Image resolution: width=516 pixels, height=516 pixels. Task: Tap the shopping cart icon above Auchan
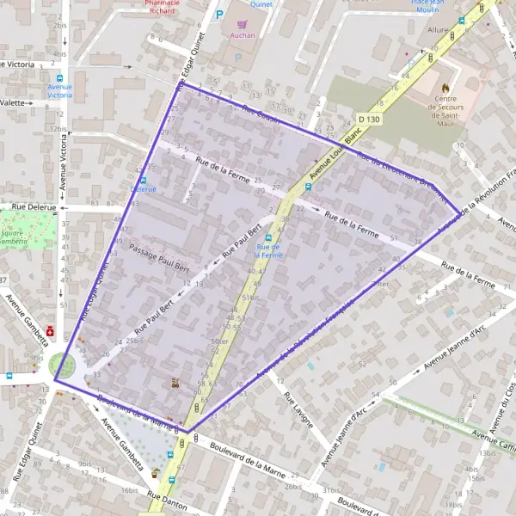[243, 25]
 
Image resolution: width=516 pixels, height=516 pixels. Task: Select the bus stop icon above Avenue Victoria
[60, 77]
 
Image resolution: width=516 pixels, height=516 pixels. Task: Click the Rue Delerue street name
[34, 207]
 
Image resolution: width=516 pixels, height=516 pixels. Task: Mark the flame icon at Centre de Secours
[445, 87]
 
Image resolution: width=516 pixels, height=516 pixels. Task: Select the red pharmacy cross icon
[51, 329]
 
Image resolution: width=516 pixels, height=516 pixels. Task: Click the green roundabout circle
[62, 365]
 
